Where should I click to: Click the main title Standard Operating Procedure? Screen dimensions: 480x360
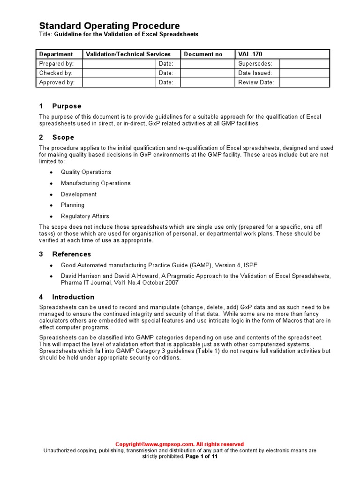[109, 26]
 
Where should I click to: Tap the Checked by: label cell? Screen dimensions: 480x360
[56, 73]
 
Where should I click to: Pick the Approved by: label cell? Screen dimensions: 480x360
[57, 82]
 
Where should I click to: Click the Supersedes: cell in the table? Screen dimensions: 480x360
[255, 64]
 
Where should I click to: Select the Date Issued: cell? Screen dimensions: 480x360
[255, 73]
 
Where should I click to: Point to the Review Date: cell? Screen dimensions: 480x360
[256, 82]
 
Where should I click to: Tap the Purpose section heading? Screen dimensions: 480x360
[67, 106]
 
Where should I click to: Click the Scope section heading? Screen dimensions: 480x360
[63, 137]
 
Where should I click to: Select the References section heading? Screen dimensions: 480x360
[71, 254]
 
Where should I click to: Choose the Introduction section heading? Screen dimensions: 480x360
[73, 297]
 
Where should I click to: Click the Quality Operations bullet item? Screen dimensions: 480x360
[86, 172]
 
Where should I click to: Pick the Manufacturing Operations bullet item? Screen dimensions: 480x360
[96, 183]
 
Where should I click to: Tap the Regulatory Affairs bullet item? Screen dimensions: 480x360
[85, 216]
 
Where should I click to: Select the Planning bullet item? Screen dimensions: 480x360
[73, 205]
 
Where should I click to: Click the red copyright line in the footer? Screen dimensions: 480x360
[180, 444]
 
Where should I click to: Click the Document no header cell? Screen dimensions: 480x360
[203, 54]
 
